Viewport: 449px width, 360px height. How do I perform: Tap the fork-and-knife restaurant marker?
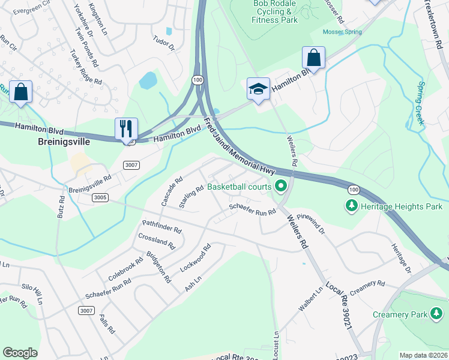click(x=126, y=129)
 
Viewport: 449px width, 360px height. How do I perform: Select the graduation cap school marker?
click(x=258, y=89)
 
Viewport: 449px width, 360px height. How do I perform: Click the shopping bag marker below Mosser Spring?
click(x=313, y=58)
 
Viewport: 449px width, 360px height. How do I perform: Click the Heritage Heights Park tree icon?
click(x=352, y=206)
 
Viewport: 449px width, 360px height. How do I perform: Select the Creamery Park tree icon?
click(x=436, y=314)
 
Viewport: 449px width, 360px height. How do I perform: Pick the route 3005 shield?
click(x=100, y=197)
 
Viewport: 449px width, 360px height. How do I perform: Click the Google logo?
click(x=20, y=353)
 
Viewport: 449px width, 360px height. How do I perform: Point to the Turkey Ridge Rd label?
click(x=86, y=66)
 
